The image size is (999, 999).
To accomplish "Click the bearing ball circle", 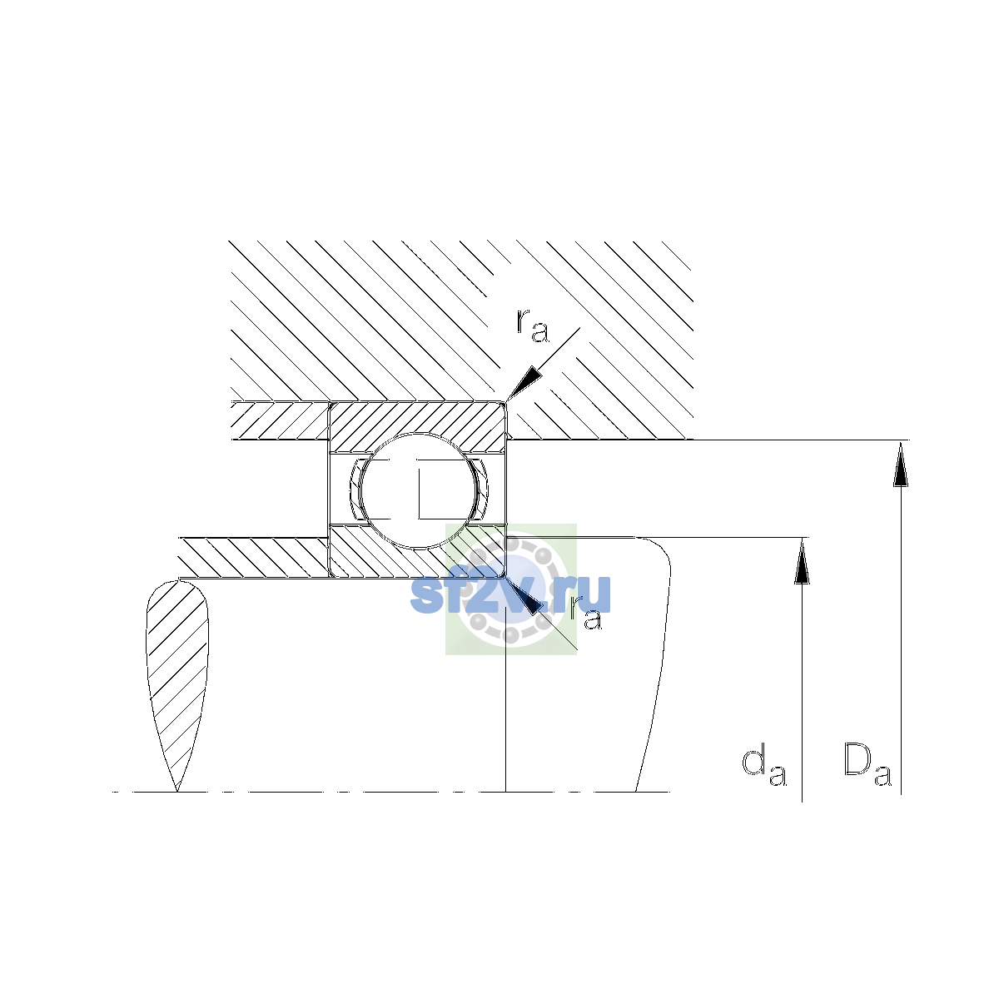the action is coord(419,490).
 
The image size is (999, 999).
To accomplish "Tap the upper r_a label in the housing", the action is coord(533,326).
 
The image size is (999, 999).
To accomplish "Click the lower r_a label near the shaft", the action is coord(586,614).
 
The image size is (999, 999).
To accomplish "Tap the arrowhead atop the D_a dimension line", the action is coord(901,464).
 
